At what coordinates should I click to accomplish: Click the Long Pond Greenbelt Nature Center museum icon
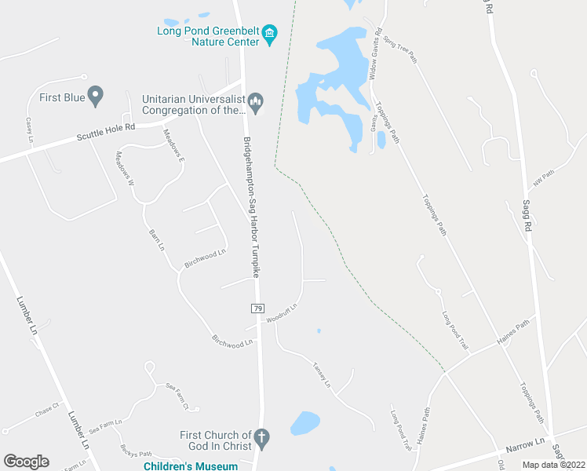point(271,33)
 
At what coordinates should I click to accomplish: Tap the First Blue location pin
point(96,97)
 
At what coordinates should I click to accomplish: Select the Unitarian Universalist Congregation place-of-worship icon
point(255,103)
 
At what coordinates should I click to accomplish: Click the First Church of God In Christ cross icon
point(262,436)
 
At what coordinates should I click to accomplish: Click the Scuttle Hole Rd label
point(106,132)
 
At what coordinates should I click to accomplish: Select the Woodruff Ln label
point(282,314)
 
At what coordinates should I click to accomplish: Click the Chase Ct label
point(47,410)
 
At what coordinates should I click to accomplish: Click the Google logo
point(26,462)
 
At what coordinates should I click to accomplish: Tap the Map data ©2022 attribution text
point(554,465)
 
